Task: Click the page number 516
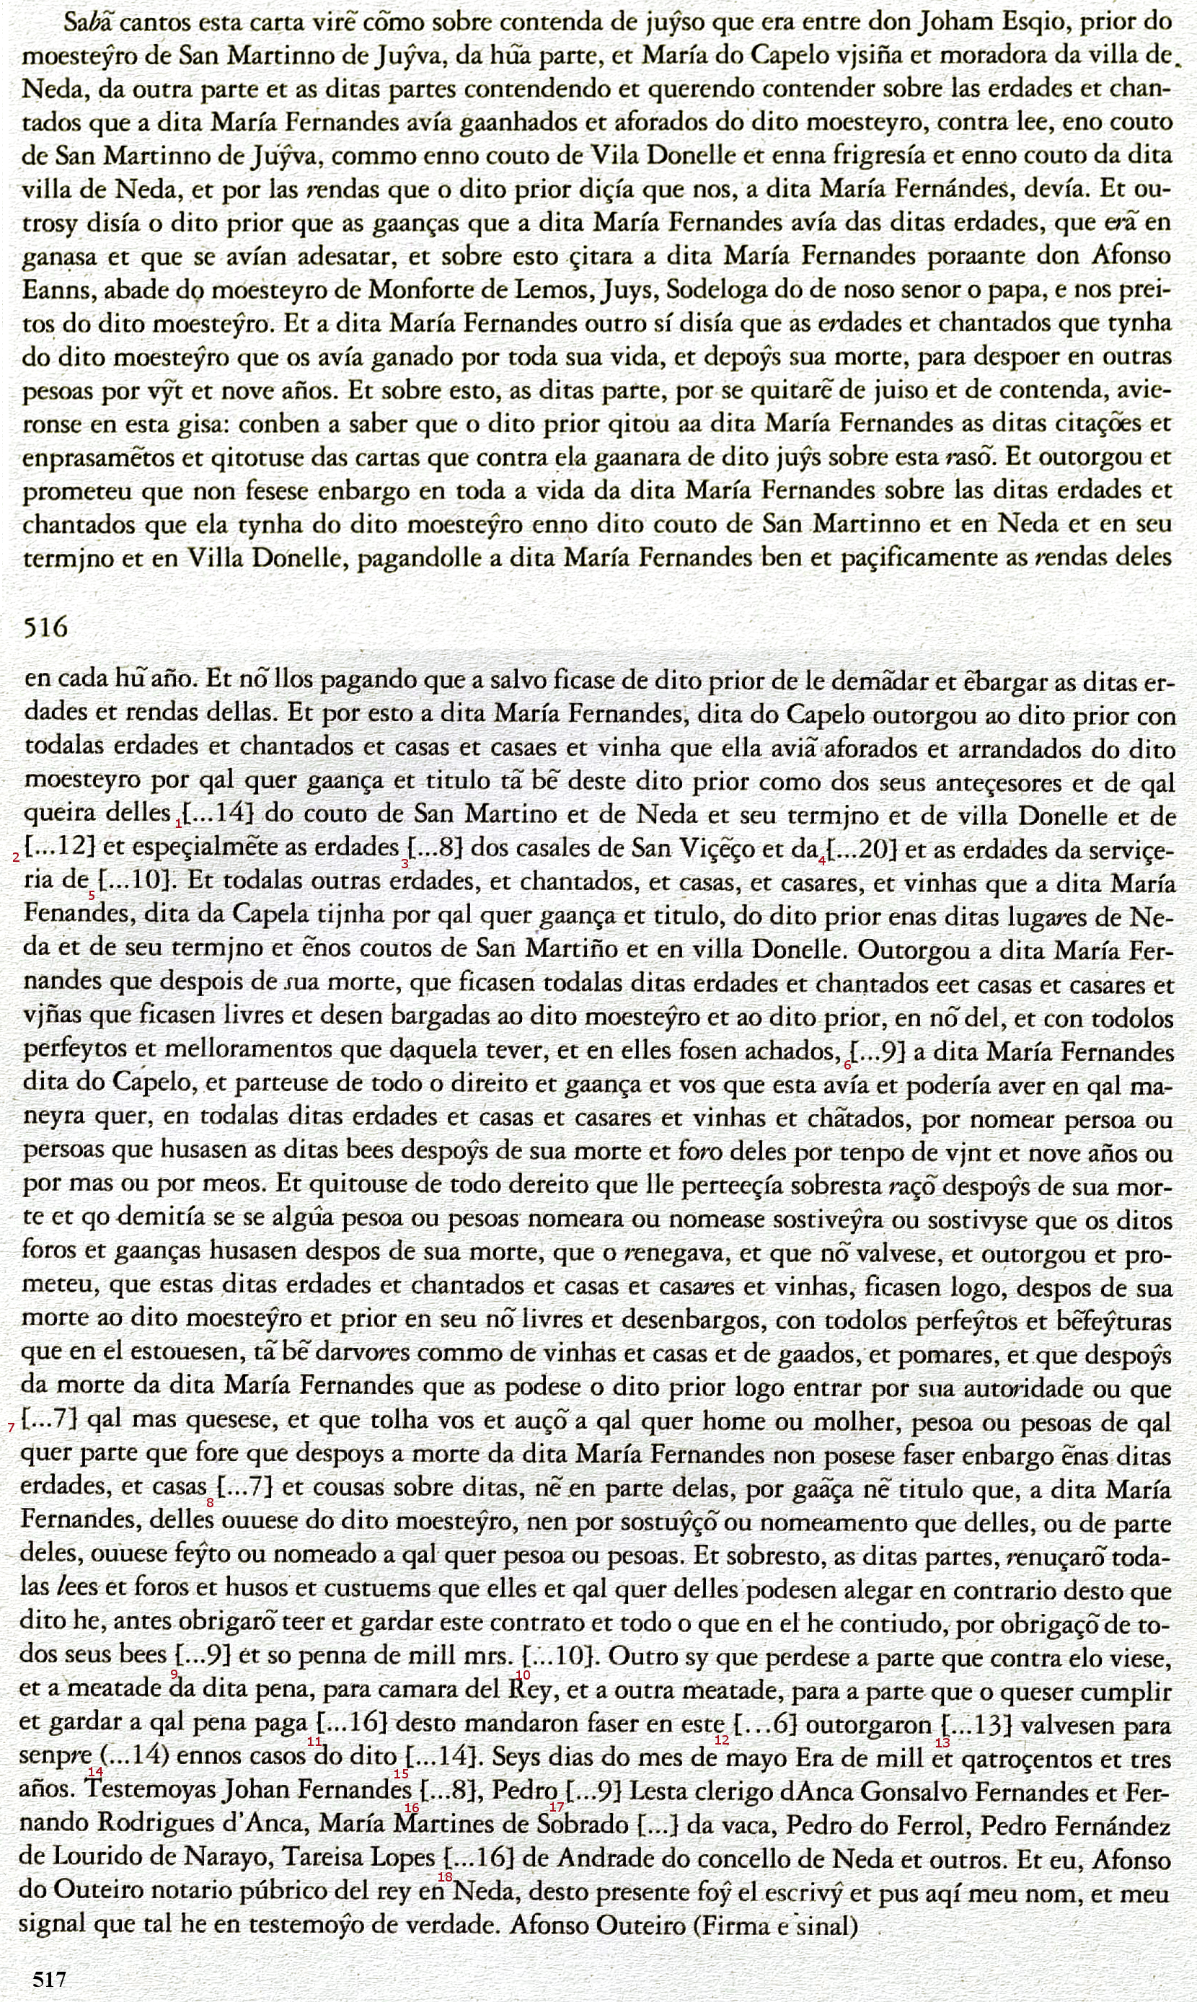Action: click(x=47, y=627)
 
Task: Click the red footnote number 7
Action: click(x=12, y=1427)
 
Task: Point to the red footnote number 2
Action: click(x=16, y=857)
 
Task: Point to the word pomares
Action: click(x=944, y=1356)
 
